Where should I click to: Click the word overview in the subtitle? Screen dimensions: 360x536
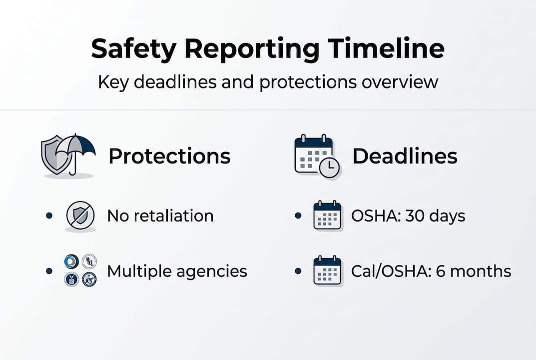400,81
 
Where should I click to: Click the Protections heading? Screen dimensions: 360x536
169,156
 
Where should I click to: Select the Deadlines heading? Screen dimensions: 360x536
405,156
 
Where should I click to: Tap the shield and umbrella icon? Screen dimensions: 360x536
67,155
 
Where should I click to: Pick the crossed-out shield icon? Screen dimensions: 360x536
80,216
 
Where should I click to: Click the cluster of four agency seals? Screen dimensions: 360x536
80,270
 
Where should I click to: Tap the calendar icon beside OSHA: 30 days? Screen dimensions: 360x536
327,215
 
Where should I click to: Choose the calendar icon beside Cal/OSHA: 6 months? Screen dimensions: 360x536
327,270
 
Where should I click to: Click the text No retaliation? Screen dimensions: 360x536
160,216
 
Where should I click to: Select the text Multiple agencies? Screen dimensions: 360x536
177,271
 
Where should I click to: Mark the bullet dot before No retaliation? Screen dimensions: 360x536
49,216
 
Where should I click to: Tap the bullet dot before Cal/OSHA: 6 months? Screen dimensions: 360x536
298,271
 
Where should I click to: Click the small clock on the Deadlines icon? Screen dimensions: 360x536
329,168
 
